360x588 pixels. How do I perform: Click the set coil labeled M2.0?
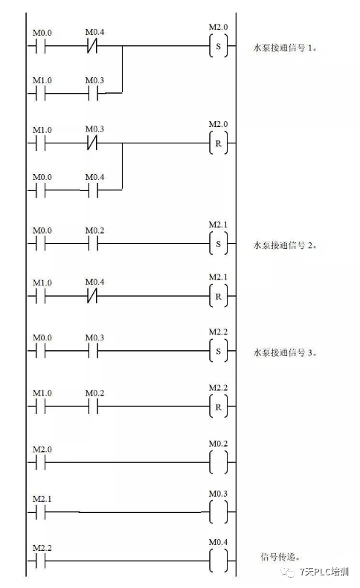[x=218, y=45]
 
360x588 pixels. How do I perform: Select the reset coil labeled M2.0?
[x=218, y=141]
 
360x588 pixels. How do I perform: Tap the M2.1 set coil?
[x=218, y=243]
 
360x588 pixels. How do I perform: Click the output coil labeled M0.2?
[x=218, y=463]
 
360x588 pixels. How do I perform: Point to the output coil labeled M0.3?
[x=218, y=512]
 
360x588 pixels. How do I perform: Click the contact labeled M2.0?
[x=41, y=463]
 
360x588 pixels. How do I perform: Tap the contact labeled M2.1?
[x=41, y=512]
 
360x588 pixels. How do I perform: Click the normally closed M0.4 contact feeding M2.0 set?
[x=93, y=45]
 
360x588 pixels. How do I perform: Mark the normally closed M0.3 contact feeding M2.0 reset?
[x=93, y=141]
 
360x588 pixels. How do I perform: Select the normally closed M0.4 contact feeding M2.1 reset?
[x=93, y=296]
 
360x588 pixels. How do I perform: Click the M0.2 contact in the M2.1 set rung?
[x=93, y=243]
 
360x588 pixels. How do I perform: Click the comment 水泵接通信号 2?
[x=286, y=244]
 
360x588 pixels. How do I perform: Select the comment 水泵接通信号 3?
[x=286, y=352]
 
